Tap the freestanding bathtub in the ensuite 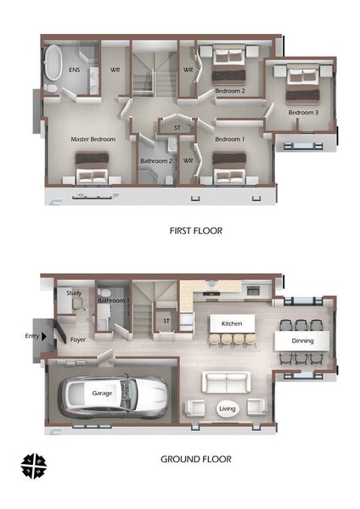(x=53, y=62)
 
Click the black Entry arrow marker (x=44, y=337)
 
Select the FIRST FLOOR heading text (x=196, y=231)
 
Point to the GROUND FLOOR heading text (x=196, y=459)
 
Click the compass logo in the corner (x=34, y=466)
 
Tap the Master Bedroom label (x=93, y=139)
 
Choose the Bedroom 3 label (x=303, y=113)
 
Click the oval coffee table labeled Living (x=227, y=409)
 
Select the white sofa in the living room (x=226, y=383)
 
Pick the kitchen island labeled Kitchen (x=232, y=323)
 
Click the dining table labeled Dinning (x=302, y=341)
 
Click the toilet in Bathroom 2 (x=169, y=180)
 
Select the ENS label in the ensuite (x=75, y=70)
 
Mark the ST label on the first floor (x=177, y=128)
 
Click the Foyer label (x=78, y=340)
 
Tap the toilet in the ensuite (x=51, y=88)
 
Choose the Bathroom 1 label (x=114, y=301)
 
